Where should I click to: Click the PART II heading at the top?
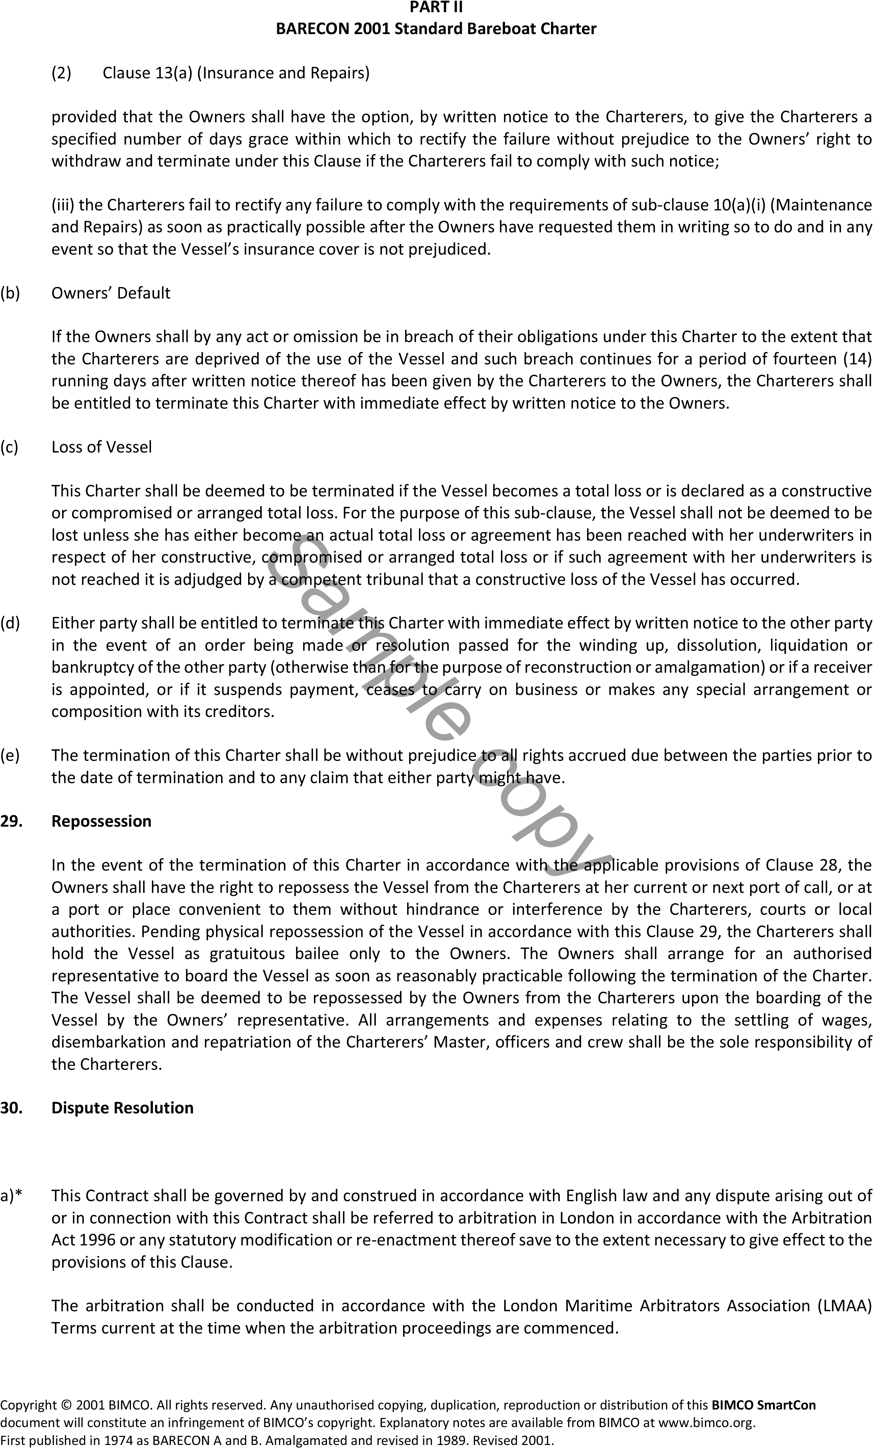click(436, 8)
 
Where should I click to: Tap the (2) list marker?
click(61, 73)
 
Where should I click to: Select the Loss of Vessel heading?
click(102, 447)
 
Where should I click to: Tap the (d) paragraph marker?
click(10, 623)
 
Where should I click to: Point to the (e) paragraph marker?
click(10, 756)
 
